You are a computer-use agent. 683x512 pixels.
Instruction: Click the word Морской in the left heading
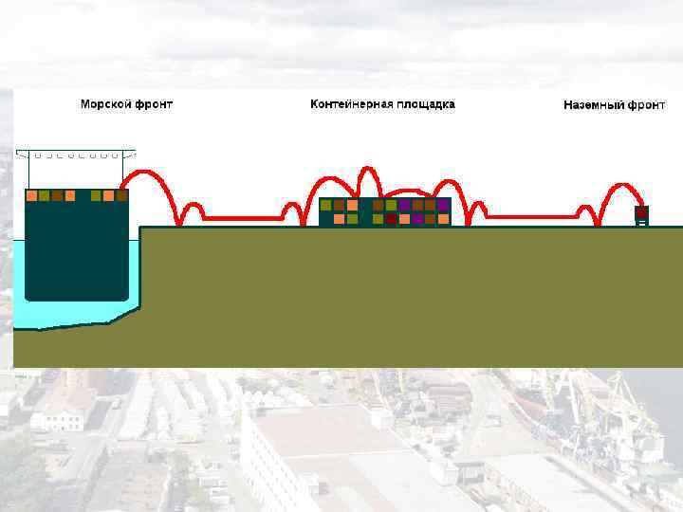[104, 104]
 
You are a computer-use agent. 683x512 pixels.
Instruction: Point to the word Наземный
[593, 105]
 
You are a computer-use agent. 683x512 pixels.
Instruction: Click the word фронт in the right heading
[646, 105]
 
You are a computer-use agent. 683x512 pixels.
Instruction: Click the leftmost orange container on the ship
[31, 196]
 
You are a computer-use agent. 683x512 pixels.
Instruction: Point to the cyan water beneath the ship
[66, 313]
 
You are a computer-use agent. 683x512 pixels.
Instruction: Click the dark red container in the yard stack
[391, 219]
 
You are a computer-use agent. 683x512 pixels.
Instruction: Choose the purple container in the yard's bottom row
[417, 219]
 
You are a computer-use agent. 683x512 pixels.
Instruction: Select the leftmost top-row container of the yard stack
[325, 205]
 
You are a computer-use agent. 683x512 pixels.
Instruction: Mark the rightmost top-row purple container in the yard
[443, 205]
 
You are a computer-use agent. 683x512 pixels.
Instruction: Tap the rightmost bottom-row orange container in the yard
[443, 219]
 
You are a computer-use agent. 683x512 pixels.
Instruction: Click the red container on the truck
[641, 212]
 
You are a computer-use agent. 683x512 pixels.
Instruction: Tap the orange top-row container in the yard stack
[352, 205]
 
